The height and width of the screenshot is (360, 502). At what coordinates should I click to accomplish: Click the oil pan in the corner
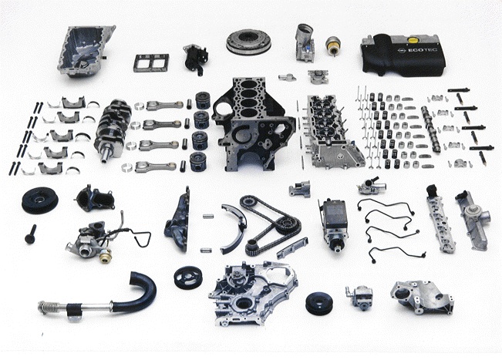click(x=85, y=51)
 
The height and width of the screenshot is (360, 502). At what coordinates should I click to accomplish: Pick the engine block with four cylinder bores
click(x=253, y=124)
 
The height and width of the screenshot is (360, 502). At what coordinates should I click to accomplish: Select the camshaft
click(x=431, y=129)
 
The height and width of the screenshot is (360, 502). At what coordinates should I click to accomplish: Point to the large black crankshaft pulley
click(x=40, y=200)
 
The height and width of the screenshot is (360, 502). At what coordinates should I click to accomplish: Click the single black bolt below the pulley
click(x=31, y=234)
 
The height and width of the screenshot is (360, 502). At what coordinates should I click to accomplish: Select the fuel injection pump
click(x=333, y=224)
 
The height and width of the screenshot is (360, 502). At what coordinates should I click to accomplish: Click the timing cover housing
click(x=253, y=294)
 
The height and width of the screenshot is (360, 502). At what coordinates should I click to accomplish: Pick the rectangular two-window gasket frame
click(x=151, y=63)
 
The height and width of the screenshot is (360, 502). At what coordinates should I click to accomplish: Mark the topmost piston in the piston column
click(x=203, y=101)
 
